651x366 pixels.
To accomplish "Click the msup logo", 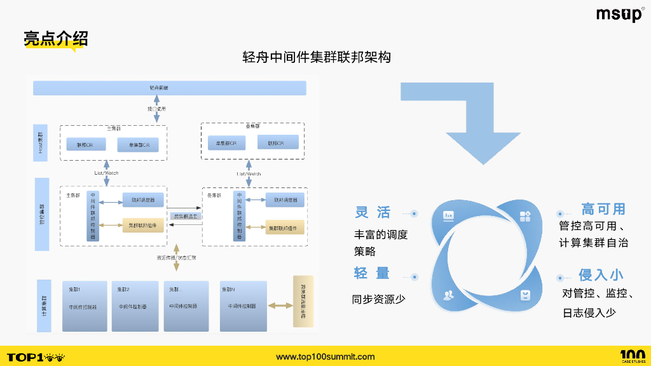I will [619, 15].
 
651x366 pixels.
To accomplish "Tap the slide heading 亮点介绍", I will [55, 39].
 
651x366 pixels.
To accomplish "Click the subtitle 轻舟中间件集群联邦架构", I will [317, 57].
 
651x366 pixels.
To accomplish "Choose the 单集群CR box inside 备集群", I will [226, 144].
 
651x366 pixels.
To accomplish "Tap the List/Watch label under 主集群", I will [107, 173].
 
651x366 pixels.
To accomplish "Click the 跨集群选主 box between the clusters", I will [186, 216].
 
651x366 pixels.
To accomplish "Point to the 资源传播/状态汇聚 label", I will [176, 258].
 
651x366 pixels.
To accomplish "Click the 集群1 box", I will [85, 306].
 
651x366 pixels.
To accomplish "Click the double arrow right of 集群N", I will [279, 306].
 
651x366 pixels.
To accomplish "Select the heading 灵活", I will [373, 212].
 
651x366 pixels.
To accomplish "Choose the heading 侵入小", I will [601, 274].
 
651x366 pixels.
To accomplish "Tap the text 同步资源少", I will [378, 299].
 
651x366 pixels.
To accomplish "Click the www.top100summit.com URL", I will [325, 356].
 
